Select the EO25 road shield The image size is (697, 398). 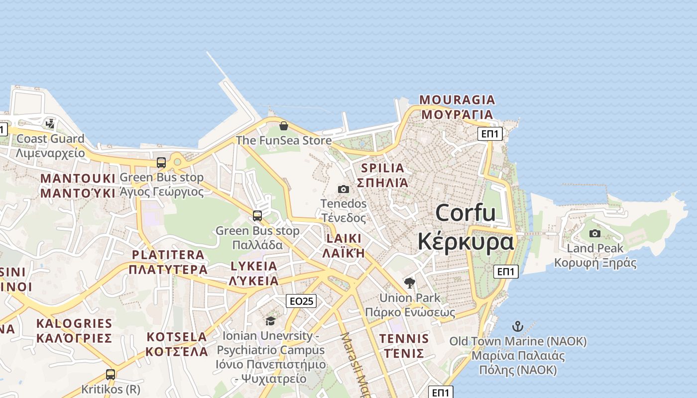pyautogui.click(x=301, y=301)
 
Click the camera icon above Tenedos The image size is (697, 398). pyautogui.click(x=344, y=189)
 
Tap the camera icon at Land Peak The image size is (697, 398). pyautogui.click(x=595, y=233)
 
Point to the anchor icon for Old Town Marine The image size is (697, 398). pyautogui.click(x=518, y=326)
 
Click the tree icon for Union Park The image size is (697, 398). pyautogui.click(x=410, y=283)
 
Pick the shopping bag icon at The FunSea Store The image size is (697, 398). pyautogui.click(x=284, y=126)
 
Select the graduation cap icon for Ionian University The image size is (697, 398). pyautogui.click(x=270, y=321)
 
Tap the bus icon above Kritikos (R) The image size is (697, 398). pyautogui.click(x=111, y=374)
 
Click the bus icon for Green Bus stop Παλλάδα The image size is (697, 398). pyautogui.click(x=257, y=215)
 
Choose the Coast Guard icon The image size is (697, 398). pyautogui.click(x=50, y=123)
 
